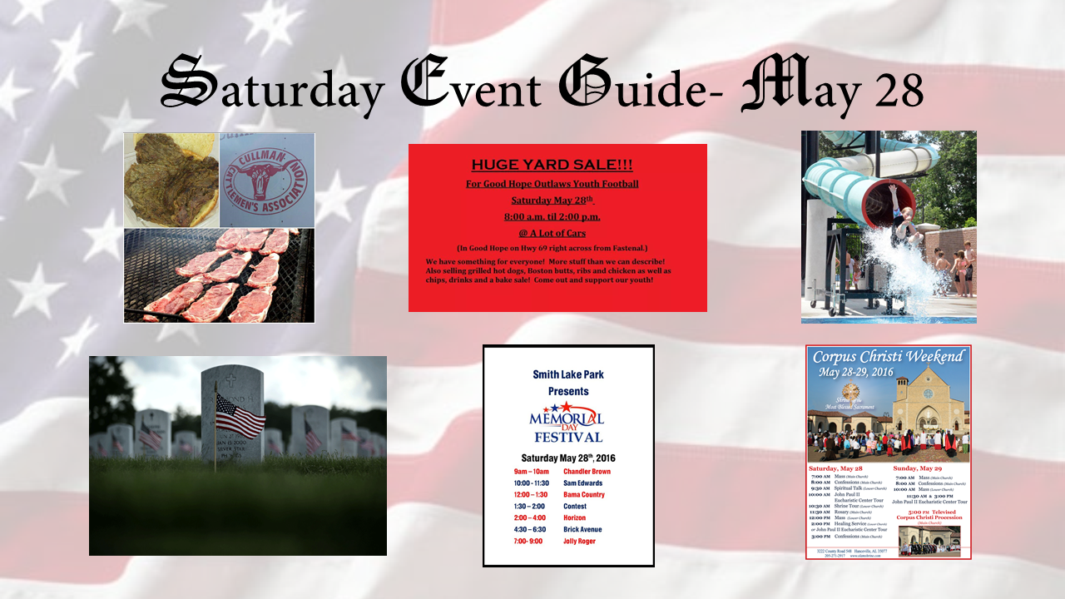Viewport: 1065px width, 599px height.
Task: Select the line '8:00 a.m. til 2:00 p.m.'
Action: pos(552,216)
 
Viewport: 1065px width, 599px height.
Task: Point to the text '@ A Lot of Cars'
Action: pos(552,233)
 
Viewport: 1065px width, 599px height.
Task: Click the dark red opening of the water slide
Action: pos(882,200)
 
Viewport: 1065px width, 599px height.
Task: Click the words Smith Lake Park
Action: pos(568,374)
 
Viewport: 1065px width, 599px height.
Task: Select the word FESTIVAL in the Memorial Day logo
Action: pos(568,437)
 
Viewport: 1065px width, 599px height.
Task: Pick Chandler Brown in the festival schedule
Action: pos(587,472)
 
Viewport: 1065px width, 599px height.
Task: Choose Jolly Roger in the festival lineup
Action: pos(580,542)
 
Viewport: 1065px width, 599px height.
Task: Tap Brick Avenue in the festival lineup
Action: pos(582,530)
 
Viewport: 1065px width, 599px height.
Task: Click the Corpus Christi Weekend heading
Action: pos(888,358)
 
